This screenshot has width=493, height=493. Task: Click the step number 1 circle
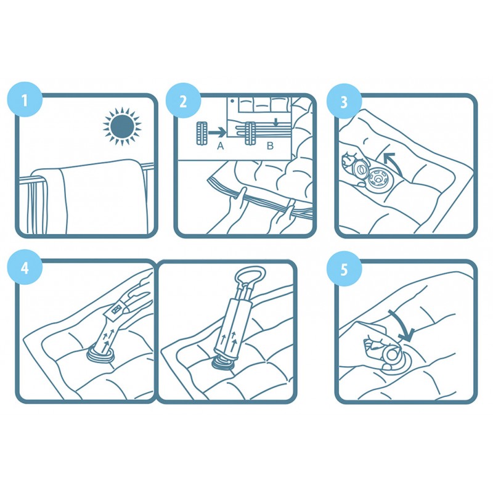25,99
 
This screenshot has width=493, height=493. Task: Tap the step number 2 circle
183,100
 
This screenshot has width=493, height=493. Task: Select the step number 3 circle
344,101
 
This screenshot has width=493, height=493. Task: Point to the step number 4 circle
25,267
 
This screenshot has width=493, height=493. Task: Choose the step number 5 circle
344,269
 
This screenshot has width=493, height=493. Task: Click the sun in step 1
122,126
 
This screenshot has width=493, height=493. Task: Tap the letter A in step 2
221,146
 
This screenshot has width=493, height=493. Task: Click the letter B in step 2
270,146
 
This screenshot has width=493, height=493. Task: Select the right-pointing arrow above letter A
217,132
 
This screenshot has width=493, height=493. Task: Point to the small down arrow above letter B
276,122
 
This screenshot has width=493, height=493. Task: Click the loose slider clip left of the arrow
202,133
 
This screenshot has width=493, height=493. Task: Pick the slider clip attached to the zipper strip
250,133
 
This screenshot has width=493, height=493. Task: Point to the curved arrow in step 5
404,325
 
